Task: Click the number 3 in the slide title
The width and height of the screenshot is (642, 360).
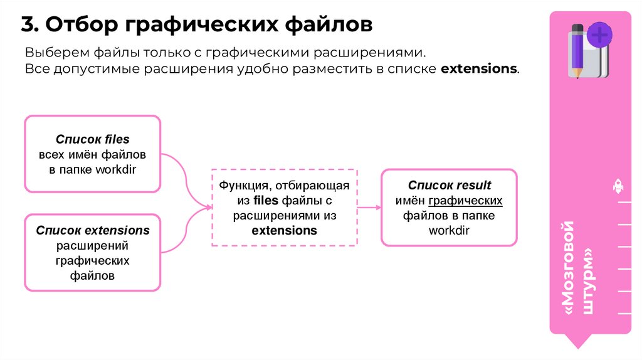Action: tap(28, 24)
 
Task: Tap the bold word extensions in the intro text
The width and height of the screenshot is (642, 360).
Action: tap(479, 68)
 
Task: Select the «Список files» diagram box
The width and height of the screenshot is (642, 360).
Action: tap(92, 154)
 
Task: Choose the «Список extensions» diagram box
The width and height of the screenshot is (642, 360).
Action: tap(92, 252)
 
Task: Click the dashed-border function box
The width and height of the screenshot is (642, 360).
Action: tap(284, 208)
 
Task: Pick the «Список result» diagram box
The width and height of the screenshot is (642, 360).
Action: tap(449, 207)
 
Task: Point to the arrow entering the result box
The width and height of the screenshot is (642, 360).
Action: tap(369, 207)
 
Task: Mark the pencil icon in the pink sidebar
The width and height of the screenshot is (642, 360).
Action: tap(577, 50)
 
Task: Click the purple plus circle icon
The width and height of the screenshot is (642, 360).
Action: tap(600, 34)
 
